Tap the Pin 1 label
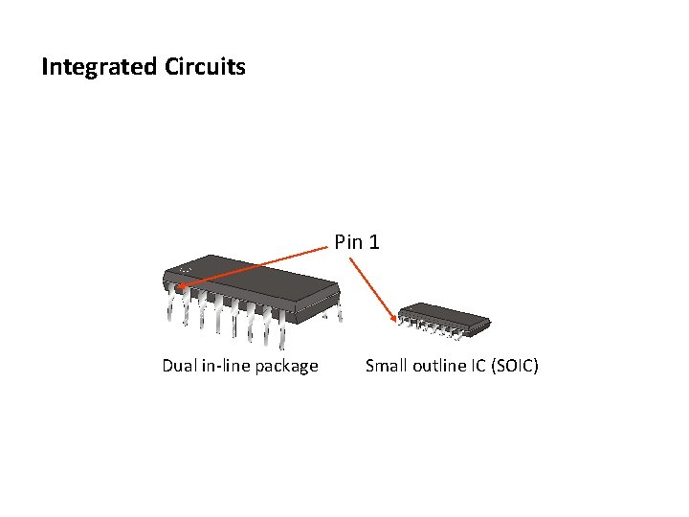tap(357, 243)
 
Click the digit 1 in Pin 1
tap(373, 243)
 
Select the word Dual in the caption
tap(180, 365)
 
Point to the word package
tap(286, 366)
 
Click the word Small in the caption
tap(387, 365)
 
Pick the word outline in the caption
tap(438, 365)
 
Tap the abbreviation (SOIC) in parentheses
tap(514, 365)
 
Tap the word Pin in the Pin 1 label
tap(349, 243)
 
